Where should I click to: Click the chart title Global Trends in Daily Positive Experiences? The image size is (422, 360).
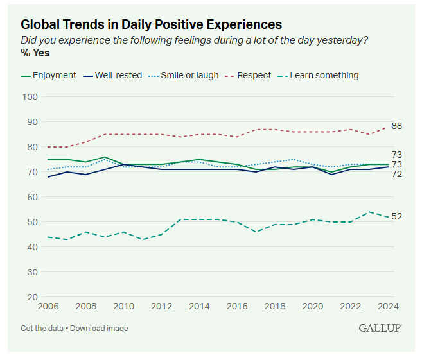151,24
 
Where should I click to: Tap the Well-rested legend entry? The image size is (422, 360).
118,75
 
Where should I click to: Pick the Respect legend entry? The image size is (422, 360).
254,75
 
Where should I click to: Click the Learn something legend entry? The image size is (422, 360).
324,75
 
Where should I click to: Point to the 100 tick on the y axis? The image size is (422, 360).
31,97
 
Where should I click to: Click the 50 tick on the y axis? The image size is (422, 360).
33,222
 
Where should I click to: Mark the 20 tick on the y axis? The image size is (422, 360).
33,297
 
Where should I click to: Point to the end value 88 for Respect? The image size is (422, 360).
397,126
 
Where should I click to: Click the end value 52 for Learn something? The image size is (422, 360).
397,217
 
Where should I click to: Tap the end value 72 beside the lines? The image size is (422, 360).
397,174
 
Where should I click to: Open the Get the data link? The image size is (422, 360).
42,329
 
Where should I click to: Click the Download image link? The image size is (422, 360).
99,329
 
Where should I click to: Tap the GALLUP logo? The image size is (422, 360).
380,328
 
